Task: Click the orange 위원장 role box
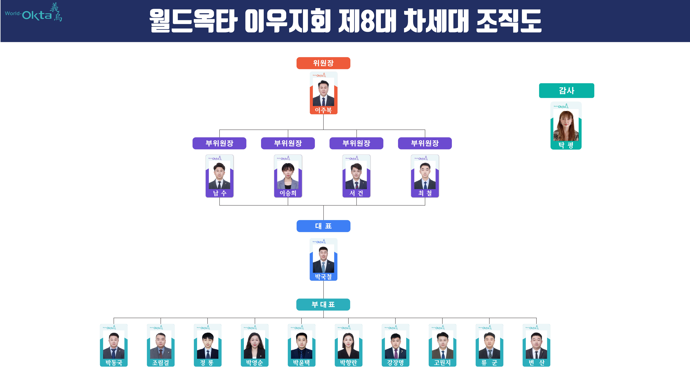(x=323, y=63)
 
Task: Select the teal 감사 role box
(x=567, y=91)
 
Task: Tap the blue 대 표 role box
(x=323, y=226)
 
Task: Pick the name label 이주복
(x=323, y=110)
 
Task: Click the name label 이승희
(x=288, y=193)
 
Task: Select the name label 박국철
(x=323, y=277)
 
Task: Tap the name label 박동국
(x=114, y=363)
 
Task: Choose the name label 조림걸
(x=161, y=363)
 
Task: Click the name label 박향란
(x=348, y=363)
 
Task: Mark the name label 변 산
(x=536, y=363)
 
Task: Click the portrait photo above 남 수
(x=219, y=175)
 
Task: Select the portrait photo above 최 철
(x=425, y=175)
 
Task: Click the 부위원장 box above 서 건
(x=356, y=143)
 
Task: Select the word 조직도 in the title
(x=509, y=21)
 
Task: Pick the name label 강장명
(x=395, y=363)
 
